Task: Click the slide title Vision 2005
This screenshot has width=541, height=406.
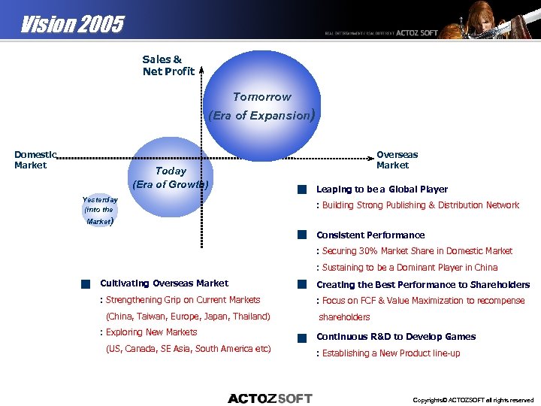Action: pos(72,25)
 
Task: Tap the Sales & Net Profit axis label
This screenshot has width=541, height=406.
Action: pos(168,65)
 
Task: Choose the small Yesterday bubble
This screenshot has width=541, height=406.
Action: pos(99,210)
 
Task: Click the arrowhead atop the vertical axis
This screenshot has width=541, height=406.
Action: pos(201,68)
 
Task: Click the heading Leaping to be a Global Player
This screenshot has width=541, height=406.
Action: pos(382,189)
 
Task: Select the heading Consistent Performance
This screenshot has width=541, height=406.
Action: pos(370,235)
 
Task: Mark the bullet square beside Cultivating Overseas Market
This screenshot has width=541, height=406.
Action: pos(86,284)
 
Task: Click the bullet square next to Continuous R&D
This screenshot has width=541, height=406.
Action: pos(301,338)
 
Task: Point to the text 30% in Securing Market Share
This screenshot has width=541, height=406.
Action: pos(369,251)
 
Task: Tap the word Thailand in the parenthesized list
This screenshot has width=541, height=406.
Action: pos(249,317)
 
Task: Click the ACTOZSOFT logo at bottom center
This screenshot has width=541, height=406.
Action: pos(270,398)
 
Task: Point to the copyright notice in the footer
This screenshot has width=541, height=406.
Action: pos(473,400)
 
